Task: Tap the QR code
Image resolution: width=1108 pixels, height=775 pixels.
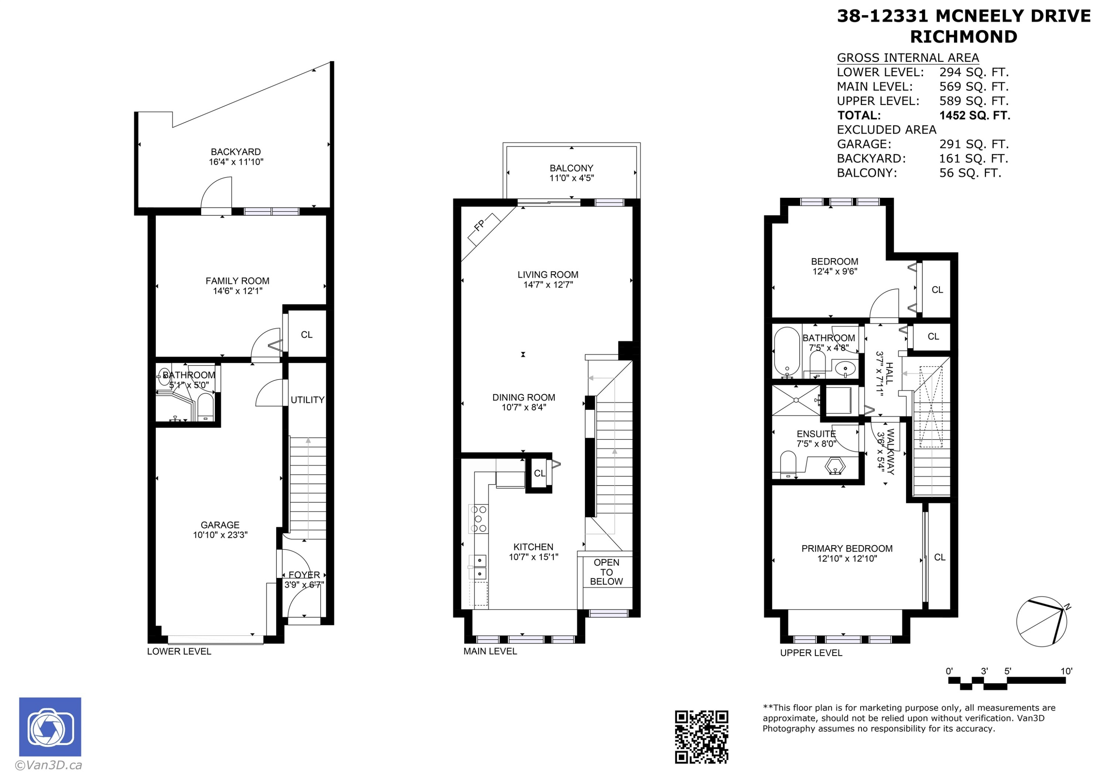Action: pyautogui.click(x=701, y=737)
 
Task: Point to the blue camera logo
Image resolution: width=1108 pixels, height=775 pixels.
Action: pyautogui.click(x=50, y=727)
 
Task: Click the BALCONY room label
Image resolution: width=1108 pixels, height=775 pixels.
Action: pyautogui.click(x=571, y=168)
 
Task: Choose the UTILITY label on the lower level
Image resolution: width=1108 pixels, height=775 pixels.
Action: pyautogui.click(x=307, y=400)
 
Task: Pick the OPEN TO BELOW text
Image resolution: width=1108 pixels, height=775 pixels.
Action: pyautogui.click(x=606, y=572)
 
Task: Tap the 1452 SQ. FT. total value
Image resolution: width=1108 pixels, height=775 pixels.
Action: pyautogui.click(x=974, y=115)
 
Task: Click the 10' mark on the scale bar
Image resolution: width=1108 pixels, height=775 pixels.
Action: pyautogui.click(x=1066, y=671)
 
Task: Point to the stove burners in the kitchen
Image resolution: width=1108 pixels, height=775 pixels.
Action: pyautogui.click(x=478, y=519)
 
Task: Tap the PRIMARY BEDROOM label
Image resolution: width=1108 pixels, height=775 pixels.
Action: pyautogui.click(x=847, y=548)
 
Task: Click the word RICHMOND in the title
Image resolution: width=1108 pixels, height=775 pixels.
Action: pyautogui.click(x=964, y=37)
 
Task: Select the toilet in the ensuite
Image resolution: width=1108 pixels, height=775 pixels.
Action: pyautogui.click(x=788, y=465)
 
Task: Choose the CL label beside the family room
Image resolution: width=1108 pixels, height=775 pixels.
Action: pyautogui.click(x=307, y=334)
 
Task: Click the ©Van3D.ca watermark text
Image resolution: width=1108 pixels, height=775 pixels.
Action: pyautogui.click(x=48, y=765)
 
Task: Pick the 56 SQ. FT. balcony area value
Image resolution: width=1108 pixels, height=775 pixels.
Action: pyautogui.click(x=970, y=173)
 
